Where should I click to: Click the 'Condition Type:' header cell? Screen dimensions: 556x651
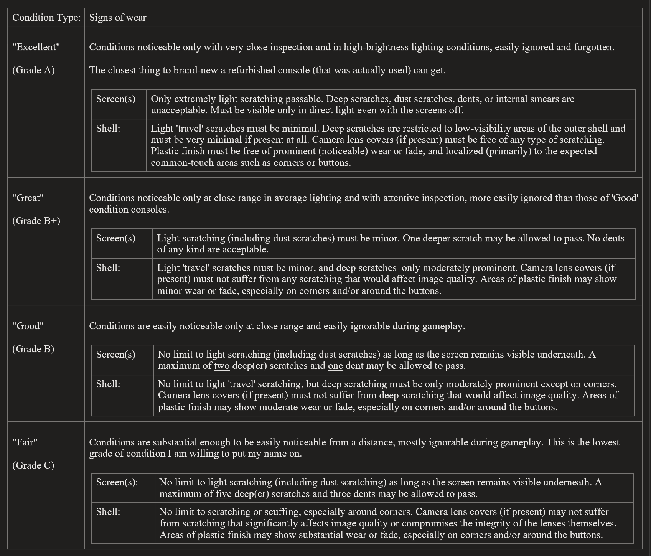46,18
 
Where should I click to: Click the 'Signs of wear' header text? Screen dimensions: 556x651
117,18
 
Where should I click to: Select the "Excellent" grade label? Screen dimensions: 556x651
36,47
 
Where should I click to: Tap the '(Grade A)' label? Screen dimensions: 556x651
33,70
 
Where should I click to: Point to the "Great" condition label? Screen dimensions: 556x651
28,198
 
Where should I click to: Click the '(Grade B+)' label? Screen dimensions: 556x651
36,221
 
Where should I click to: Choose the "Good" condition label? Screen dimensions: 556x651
28,326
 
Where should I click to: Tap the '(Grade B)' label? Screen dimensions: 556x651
33,349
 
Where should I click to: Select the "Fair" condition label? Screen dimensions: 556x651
25,442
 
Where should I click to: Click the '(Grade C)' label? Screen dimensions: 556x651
33,465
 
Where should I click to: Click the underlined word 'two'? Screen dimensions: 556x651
222,366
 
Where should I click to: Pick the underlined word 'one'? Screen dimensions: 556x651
335,366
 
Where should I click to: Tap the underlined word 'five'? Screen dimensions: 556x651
224,494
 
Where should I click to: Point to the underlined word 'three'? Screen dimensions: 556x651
340,494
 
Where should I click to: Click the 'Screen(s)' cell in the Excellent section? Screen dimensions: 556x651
116,99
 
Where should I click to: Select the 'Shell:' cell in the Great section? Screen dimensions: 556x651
108,268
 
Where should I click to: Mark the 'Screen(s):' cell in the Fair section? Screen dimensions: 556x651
117,482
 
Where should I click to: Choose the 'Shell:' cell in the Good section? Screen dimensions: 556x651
108,384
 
